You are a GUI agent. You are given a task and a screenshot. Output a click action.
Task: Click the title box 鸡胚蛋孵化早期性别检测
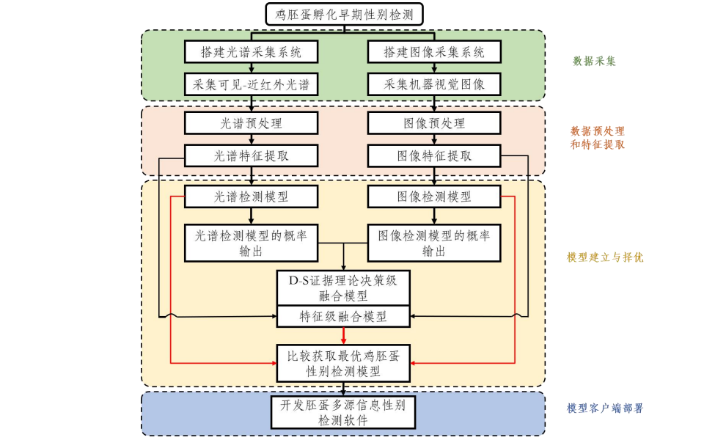tap(343, 14)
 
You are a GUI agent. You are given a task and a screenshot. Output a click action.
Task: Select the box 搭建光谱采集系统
tap(251, 52)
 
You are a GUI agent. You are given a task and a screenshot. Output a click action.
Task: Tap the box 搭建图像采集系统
tap(434, 52)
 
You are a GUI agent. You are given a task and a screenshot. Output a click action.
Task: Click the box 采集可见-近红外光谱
tap(251, 84)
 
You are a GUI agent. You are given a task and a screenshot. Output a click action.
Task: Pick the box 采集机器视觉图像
tap(434, 84)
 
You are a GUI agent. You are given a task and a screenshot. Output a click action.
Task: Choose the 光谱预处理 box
tap(251, 123)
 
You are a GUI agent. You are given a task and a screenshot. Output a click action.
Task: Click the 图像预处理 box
tap(434, 123)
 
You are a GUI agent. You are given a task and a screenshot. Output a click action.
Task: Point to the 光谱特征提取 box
tap(251, 155)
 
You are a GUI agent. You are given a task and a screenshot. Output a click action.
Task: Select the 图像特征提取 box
tap(434, 155)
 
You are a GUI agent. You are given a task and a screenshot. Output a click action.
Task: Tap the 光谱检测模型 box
tap(251, 197)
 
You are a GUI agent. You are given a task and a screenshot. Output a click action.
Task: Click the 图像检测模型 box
tap(434, 197)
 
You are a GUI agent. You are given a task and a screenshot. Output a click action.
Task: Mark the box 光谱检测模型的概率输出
tap(251, 243)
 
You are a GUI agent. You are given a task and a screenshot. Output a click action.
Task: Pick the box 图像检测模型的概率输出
tap(434, 243)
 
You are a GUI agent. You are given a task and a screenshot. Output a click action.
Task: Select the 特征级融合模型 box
tap(343, 317)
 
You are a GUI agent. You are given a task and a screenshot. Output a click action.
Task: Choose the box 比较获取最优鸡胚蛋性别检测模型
tap(343, 363)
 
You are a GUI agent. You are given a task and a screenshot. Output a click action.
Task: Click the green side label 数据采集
tap(594, 61)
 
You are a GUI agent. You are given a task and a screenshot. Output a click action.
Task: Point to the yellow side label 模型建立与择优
tap(605, 257)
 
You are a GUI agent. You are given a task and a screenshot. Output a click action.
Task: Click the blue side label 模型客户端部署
tap(605, 408)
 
